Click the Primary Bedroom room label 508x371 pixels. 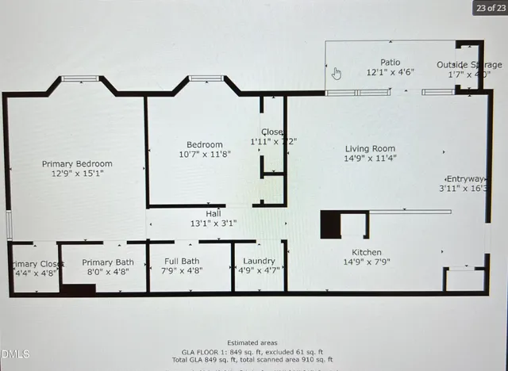click(73, 164)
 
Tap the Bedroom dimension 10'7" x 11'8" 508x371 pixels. click(205, 155)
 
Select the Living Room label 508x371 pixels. click(370, 148)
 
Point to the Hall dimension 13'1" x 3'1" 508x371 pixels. click(214, 224)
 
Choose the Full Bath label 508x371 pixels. click(182, 261)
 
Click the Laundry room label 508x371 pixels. click(260, 261)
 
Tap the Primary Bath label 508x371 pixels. click(108, 262)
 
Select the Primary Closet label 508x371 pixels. click(37, 264)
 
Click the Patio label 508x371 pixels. click(390, 62)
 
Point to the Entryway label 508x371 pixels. click(465, 178)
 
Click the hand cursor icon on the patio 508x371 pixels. click(336, 74)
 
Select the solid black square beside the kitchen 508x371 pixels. click(331, 224)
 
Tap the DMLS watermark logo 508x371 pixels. click(15, 354)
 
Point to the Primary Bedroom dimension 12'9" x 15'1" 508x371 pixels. click(73, 173)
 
